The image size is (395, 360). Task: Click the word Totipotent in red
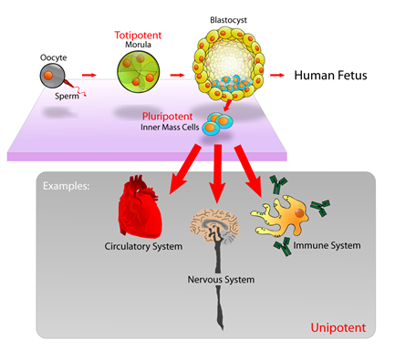point(139,35)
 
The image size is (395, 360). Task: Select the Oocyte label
point(53,57)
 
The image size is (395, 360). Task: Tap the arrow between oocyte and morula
point(89,77)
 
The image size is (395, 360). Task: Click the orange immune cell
point(288,213)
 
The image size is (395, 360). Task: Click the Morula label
point(139,46)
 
